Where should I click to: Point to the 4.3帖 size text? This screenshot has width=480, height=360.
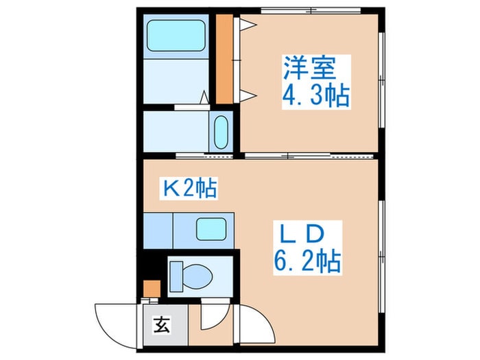click(x=316, y=95)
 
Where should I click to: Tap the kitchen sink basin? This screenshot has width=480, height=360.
click(x=212, y=228)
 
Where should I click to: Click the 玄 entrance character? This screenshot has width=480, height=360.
click(x=158, y=321)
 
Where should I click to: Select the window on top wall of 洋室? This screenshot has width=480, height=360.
click(x=311, y=10)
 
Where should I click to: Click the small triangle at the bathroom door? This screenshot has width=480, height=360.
click(x=204, y=97)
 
